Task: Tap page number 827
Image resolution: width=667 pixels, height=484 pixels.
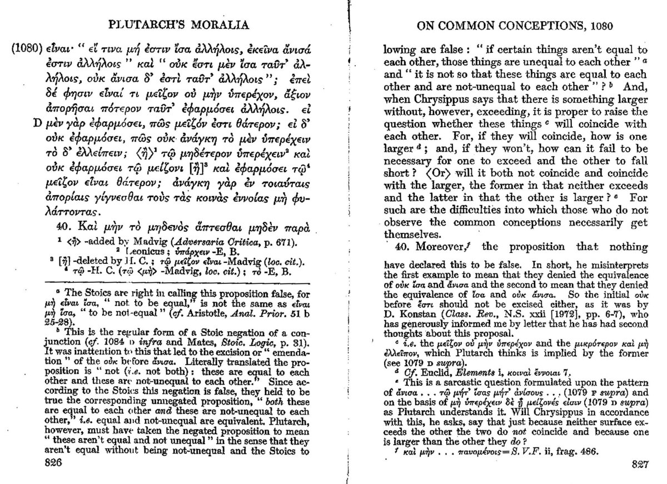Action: click(x=639, y=464)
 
